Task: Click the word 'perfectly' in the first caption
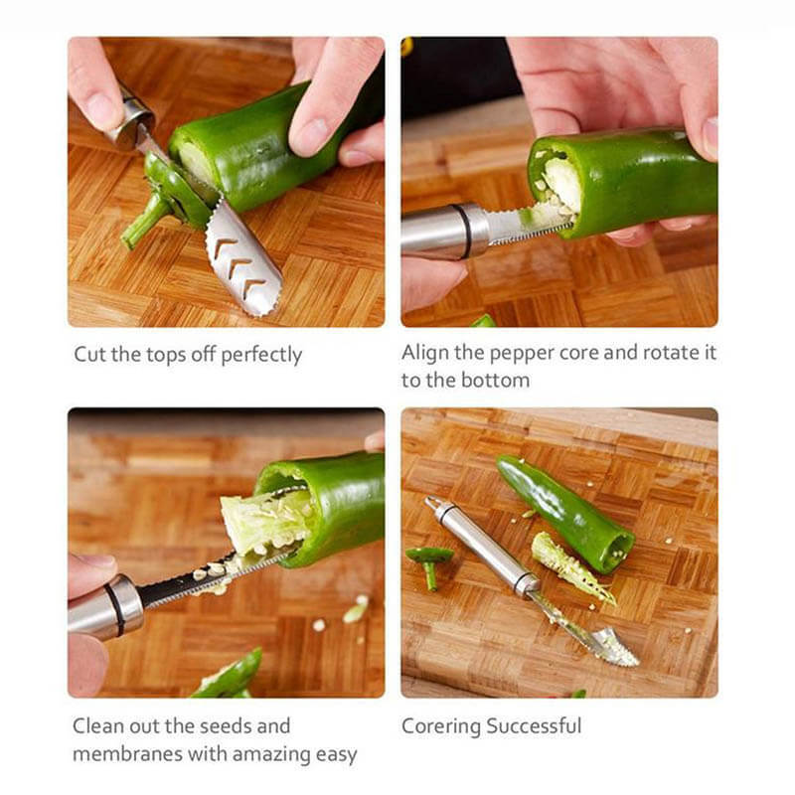point(261,355)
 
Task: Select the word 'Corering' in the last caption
point(437,726)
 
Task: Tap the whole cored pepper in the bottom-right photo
point(566,512)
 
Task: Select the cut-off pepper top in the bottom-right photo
point(430,562)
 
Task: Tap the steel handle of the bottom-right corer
point(482,547)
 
